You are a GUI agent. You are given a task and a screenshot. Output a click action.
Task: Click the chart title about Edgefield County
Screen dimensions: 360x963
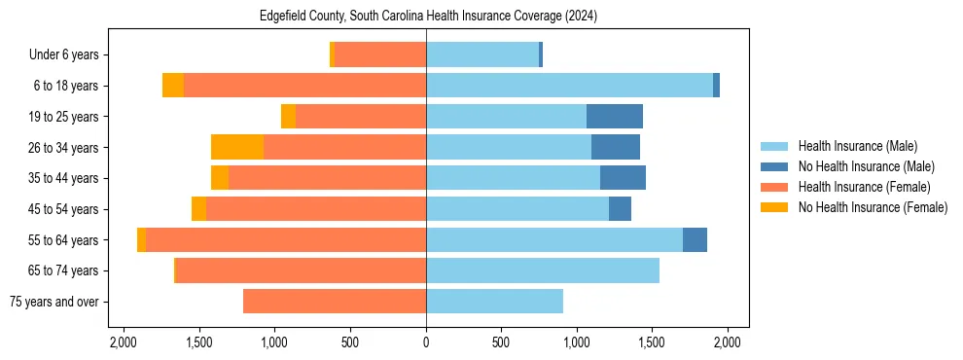[x=428, y=17]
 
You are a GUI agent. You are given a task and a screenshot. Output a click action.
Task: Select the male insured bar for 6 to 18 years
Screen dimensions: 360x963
[x=569, y=86]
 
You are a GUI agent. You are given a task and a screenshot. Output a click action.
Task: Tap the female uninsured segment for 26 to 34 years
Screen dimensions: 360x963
[x=237, y=147]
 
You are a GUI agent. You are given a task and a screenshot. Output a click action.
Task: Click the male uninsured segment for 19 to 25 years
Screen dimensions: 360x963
[x=615, y=117]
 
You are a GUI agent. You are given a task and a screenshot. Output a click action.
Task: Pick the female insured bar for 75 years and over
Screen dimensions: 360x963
[x=335, y=302]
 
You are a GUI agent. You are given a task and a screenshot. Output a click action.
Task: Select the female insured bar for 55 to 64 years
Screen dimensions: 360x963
[x=286, y=240]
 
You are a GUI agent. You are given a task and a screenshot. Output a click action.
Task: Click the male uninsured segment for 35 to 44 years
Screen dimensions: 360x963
[x=623, y=178]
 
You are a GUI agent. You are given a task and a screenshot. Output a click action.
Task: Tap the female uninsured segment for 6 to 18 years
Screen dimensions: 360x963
[x=173, y=86]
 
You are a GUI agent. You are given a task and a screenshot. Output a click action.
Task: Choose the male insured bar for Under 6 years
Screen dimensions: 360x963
[x=482, y=54]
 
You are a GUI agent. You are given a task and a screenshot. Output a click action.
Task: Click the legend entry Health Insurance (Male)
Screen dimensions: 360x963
[x=857, y=146]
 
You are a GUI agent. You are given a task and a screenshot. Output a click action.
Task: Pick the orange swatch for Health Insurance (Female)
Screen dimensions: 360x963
[x=774, y=187]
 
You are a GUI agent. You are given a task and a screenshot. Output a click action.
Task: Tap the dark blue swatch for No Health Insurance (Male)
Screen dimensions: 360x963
[x=774, y=166]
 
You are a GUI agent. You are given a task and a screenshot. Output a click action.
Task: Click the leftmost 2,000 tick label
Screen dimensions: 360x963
[x=123, y=342]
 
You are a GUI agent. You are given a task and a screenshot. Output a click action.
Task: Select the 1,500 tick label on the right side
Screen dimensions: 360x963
[x=653, y=342]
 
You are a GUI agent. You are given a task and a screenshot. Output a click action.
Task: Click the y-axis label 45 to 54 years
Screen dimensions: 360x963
[x=64, y=209]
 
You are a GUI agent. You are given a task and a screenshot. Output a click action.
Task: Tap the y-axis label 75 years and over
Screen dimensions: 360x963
[x=56, y=302]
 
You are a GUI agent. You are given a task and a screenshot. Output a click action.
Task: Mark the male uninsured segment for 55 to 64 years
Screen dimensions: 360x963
[x=695, y=240]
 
